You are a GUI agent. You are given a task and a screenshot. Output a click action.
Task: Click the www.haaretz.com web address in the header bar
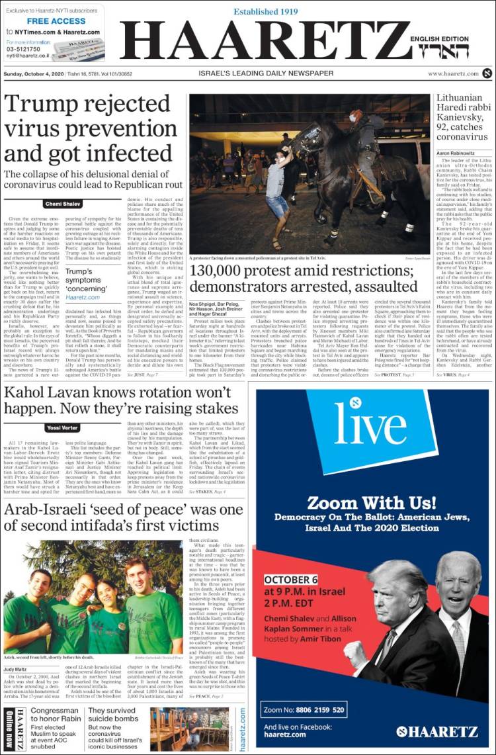click(453, 73)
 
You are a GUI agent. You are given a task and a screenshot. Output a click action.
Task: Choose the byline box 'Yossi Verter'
click(65, 427)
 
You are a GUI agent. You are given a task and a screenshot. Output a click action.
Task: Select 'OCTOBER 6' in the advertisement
click(292, 580)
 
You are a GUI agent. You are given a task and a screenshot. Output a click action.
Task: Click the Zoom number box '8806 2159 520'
click(304, 709)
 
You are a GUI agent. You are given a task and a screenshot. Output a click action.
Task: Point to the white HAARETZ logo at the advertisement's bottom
click(436, 731)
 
